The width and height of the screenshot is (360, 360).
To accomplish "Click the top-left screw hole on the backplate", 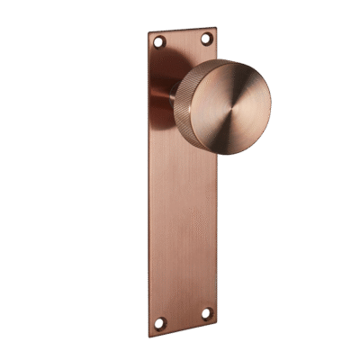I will point(159,42).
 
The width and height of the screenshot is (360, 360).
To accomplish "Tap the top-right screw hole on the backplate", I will point(205,38).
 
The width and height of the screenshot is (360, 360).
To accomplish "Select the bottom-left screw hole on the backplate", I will point(160,323).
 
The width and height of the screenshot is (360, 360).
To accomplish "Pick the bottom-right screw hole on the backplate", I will point(205,313).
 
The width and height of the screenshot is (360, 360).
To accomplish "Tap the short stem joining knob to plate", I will point(171,94).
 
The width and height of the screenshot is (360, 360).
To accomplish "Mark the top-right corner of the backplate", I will point(215,28).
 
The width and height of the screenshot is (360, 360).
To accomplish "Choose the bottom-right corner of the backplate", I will point(218,322).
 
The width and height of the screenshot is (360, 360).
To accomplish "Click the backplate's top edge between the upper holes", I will point(182,31).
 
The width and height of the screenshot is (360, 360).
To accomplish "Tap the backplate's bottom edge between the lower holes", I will point(184,328).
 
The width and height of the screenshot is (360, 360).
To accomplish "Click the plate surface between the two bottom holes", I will point(183,318).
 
